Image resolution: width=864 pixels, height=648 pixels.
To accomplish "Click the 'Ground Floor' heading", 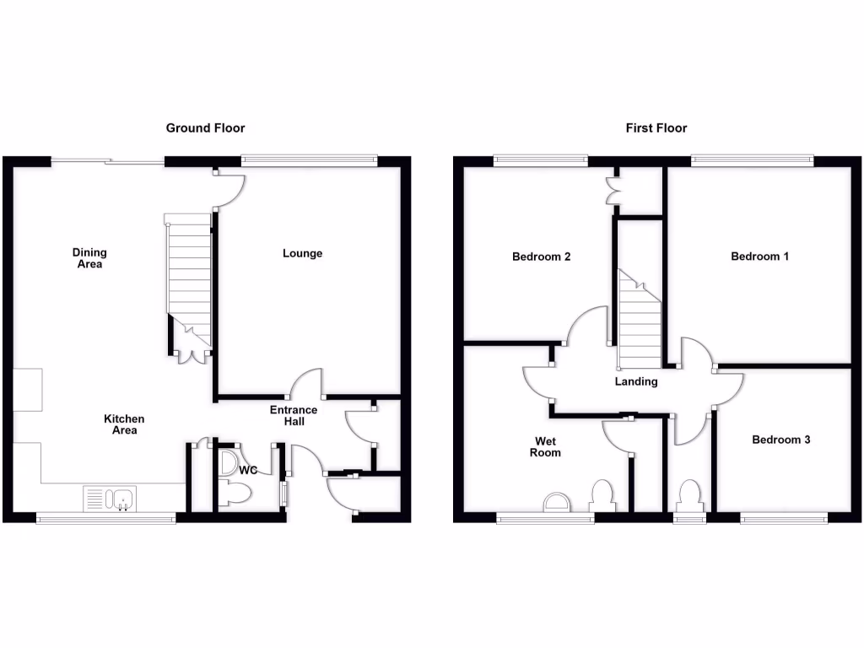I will coord(205,128).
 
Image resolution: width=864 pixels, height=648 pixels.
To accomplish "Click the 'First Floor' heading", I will coord(656,128).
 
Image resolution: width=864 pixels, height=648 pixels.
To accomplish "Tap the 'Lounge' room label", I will coord(302,253).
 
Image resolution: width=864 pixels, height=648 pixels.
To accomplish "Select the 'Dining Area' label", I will coord(89,258).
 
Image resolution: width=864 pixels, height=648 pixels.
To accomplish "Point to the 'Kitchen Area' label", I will coord(124,424).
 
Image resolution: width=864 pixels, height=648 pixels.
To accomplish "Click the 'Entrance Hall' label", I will coord(294,416).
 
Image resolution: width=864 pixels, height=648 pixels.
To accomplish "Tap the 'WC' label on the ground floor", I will coord(248,470).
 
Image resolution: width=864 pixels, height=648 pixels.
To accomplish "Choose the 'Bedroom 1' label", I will coord(759,256).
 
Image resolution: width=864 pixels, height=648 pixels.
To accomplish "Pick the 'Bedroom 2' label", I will coord(541,256).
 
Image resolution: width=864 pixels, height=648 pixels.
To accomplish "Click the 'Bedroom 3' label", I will coord(781,440).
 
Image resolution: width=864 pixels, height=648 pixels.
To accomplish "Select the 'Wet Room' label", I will coord(545,446).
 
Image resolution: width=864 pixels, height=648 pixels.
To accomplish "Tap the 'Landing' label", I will coord(635,381).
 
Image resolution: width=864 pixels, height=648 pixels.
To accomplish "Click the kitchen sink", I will coord(109,499).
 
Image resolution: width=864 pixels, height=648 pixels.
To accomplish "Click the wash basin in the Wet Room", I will coord(554,504).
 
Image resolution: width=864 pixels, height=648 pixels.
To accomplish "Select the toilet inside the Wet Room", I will coord(602,495).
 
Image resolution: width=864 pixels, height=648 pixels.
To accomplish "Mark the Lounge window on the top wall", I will coord(308,158).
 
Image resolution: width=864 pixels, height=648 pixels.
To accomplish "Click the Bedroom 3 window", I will coord(783,518).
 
